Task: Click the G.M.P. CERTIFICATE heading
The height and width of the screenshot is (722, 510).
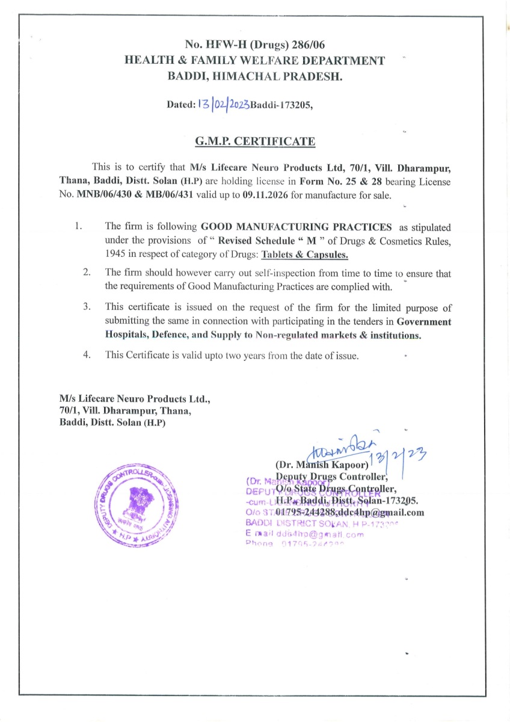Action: [x=255, y=142]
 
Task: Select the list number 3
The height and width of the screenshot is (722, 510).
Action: [x=87, y=307]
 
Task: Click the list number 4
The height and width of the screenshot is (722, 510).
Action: [x=87, y=354]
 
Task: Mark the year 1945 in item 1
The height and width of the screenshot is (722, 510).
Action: [x=116, y=255]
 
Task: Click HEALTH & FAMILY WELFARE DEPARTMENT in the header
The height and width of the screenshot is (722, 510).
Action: [x=254, y=60]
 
